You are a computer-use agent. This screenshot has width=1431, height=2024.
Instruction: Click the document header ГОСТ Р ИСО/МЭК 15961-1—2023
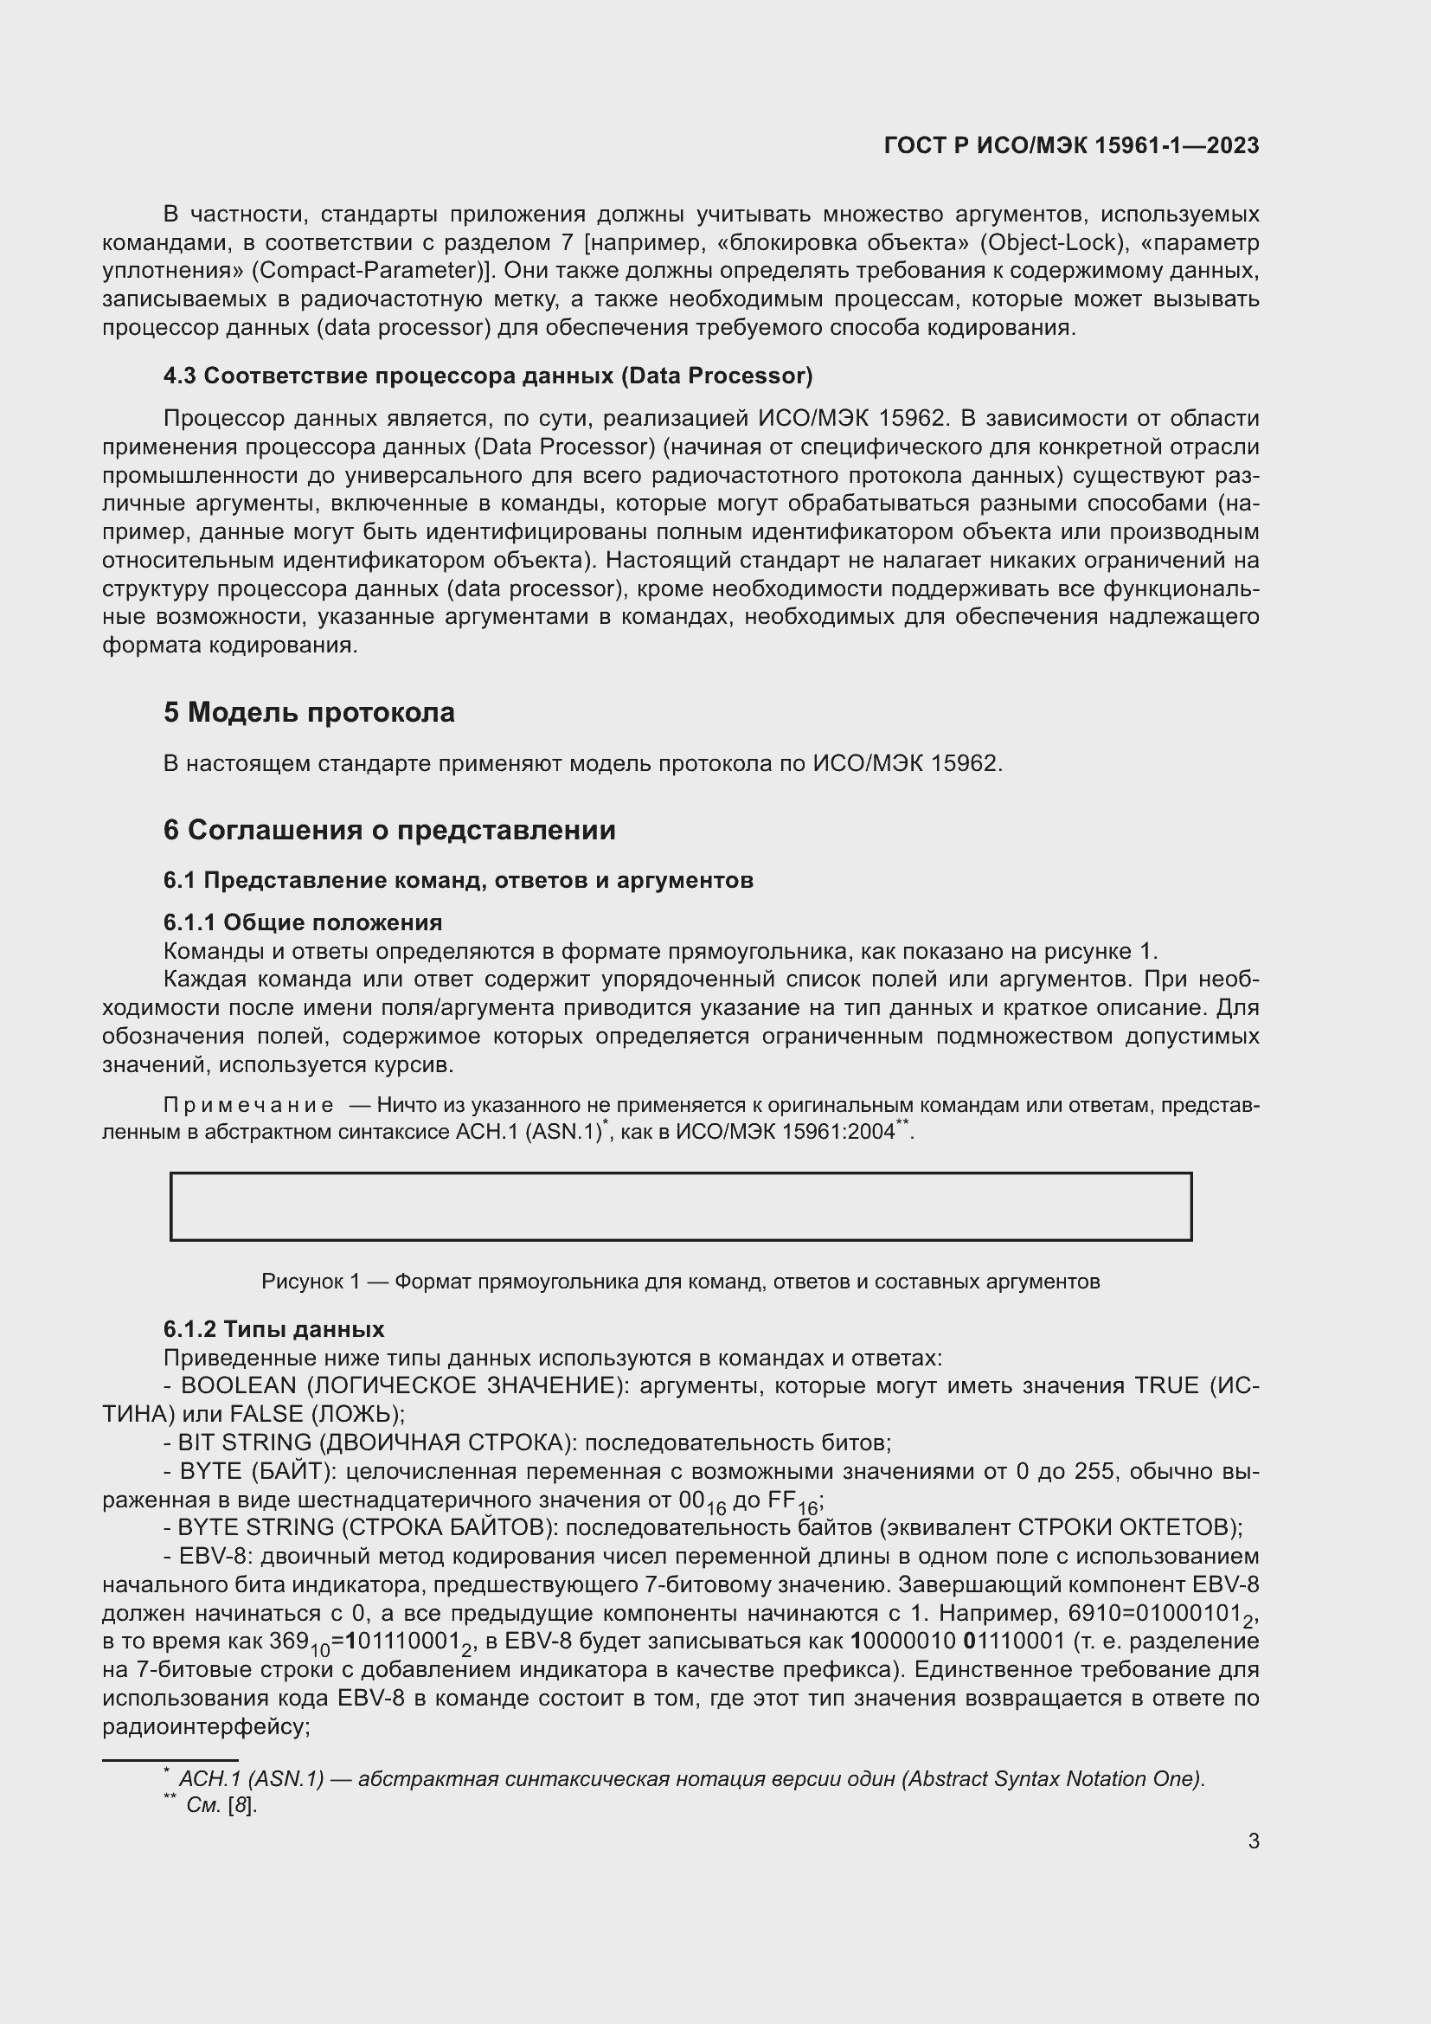pos(1070,145)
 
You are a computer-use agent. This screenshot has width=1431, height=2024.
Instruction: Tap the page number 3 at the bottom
pos(1253,1841)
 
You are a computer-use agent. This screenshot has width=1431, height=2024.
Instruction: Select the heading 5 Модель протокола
pos(308,712)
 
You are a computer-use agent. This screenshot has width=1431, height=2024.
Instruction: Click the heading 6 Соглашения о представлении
pos(388,831)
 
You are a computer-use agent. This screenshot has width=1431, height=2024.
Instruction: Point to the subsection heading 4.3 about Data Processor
pos(487,376)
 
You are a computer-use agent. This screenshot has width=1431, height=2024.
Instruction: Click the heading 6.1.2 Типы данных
pos(273,1329)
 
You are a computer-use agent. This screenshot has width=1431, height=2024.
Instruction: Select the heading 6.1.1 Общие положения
pos(302,923)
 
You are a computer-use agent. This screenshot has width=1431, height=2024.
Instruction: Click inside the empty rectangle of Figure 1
pos(680,1207)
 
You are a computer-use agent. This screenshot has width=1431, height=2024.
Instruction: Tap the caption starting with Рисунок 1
pos(680,1282)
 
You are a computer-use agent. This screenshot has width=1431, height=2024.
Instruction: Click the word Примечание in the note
pos(248,1105)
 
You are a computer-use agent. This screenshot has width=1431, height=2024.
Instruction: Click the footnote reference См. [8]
pos(221,1805)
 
